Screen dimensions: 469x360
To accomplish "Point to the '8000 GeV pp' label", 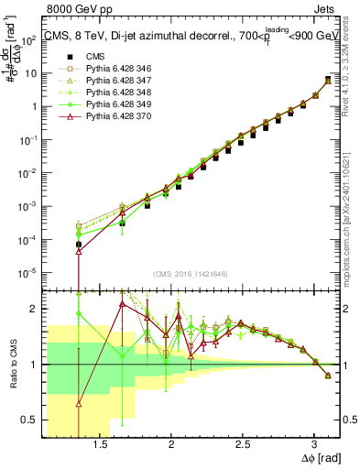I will (x=74, y=9).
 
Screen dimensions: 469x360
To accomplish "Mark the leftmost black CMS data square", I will (x=79, y=245).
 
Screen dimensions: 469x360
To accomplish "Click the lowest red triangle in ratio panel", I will (x=79, y=402).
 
